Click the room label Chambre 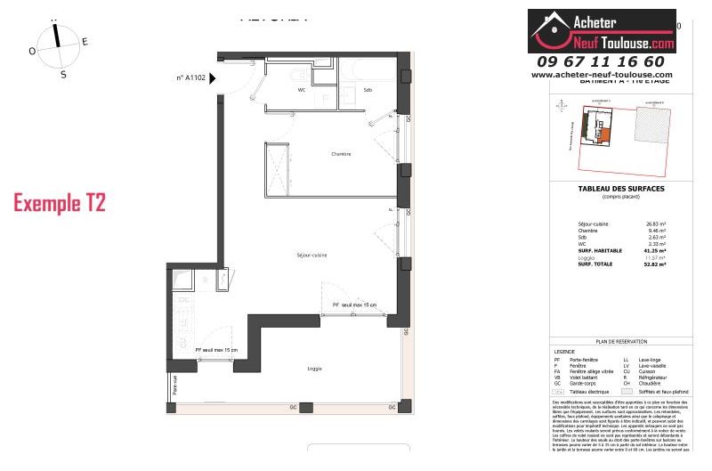click(x=341, y=154)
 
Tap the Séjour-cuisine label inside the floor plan click(x=312, y=256)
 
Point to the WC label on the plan click(x=302, y=90)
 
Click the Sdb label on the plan click(x=367, y=90)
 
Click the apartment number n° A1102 click(x=190, y=78)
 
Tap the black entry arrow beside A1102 click(x=213, y=78)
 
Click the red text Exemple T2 click(x=60, y=203)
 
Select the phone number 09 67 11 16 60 click(x=601, y=61)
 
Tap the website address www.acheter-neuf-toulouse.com click(x=602, y=75)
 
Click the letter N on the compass click(x=55, y=18)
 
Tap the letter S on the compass click(x=63, y=75)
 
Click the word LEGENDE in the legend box click(x=565, y=351)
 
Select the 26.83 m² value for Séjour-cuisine click(x=657, y=224)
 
